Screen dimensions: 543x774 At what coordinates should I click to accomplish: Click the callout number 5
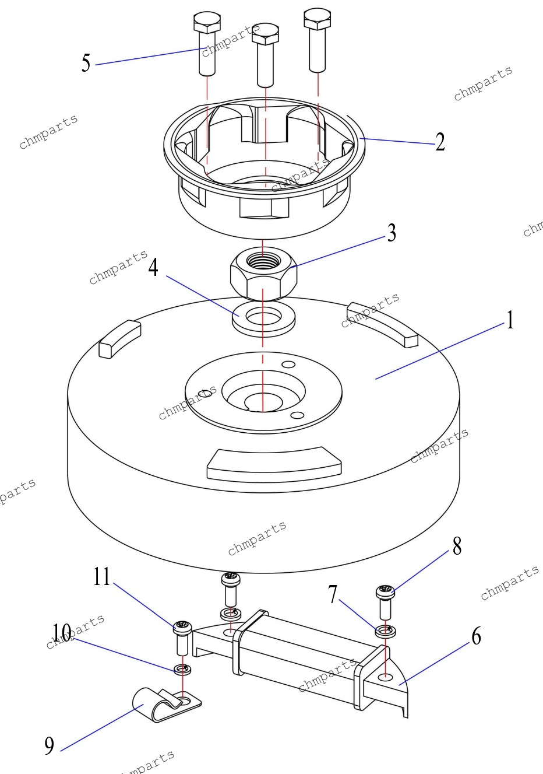86,63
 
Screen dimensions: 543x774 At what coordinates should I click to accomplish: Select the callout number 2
440,142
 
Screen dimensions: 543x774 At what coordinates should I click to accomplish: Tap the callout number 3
392,233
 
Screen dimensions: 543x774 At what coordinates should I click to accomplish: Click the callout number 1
510,320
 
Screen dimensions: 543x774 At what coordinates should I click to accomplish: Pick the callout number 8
457,547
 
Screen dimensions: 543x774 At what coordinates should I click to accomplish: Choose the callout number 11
101,576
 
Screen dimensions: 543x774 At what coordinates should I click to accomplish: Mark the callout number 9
50,745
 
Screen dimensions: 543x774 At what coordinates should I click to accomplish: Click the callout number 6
477,636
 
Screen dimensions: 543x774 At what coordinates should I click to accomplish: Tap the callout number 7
333,594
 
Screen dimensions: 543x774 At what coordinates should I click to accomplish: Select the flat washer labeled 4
263,318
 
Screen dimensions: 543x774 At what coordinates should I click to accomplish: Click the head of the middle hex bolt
265,34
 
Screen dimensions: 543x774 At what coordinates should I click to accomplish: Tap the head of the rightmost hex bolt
318,19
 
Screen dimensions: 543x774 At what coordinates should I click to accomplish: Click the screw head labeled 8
385,593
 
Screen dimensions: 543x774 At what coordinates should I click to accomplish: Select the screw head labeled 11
182,628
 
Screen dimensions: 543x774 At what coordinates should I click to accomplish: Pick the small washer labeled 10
182,669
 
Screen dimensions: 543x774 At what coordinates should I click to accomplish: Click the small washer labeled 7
385,631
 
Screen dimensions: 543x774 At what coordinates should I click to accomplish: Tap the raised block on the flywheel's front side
274,464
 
